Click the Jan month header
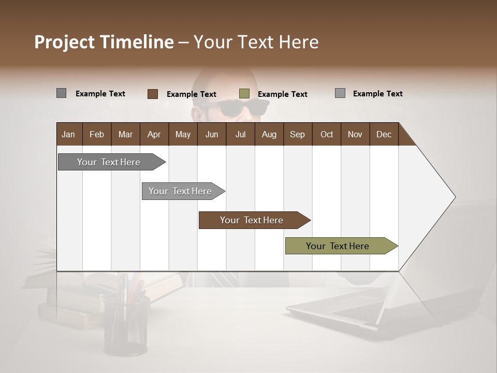tap(68, 134)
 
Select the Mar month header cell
tap(125, 134)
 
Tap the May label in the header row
tap(183, 134)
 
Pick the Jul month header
tap(240, 134)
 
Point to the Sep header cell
tap(297, 134)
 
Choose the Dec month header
tap(384, 134)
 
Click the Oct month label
tap(327, 134)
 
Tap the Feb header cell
tap(97, 134)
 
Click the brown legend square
tap(153, 94)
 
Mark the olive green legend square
tap(244, 94)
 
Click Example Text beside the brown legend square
tap(191, 94)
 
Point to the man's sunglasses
tap(233, 108)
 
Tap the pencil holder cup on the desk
tap(126, 324)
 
